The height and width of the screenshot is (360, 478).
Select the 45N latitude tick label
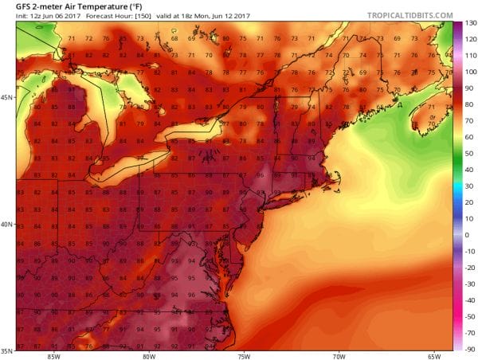6,97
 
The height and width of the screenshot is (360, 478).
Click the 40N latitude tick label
6,224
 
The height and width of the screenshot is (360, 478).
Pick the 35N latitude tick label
6,350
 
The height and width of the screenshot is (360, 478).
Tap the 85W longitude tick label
55,355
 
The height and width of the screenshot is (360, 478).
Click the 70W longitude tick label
339,355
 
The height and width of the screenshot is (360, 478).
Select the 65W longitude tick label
433,355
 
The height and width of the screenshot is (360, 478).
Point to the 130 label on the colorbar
470,23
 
